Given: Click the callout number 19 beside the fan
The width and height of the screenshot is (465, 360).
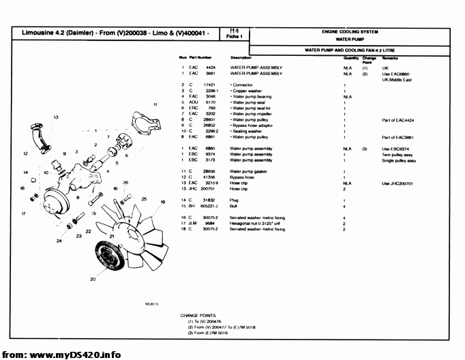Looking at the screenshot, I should pos(162,202).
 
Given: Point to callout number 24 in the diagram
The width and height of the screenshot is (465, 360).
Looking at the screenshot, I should pos(59,241).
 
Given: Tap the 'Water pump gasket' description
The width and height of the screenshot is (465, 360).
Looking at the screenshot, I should pos(250,171).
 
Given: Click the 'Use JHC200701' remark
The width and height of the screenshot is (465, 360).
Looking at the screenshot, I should pos(397,183).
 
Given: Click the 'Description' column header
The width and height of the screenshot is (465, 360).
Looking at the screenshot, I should pos(241,58).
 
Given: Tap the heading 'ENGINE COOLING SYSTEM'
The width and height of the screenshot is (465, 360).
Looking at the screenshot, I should pos(350,32).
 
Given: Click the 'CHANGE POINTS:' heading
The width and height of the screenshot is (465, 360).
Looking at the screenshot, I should pos(198,315).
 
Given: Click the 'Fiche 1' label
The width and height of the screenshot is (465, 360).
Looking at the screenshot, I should pos(237,36).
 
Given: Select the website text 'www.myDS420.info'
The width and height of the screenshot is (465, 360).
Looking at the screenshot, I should pos(76,354).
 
